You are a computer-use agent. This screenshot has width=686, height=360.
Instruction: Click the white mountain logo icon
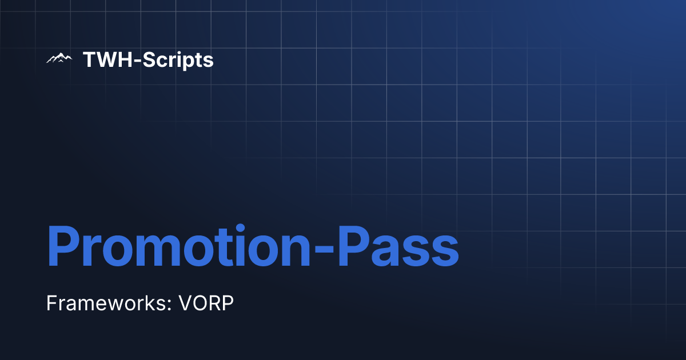click(x=59, y=58)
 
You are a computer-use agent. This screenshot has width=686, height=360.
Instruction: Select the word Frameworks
click(x=105, y=303)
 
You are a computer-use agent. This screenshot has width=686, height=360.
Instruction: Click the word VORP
click(x=206, y=303)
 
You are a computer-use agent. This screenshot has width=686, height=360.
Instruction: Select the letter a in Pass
click(x=394, y=251)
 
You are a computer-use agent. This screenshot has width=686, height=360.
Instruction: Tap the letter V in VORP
click(x=185, y=303)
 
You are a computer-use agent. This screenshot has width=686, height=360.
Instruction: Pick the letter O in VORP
click(x=200, y=303)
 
